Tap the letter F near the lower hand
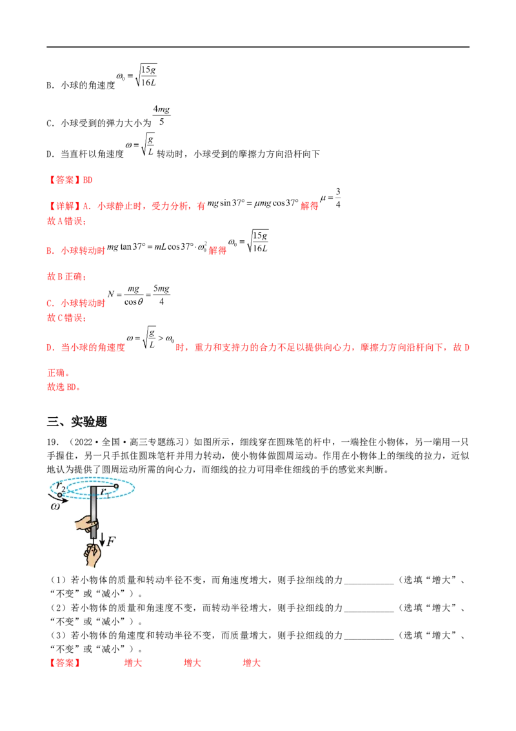110,541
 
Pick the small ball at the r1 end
115,486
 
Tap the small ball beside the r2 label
60,494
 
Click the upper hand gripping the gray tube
84,524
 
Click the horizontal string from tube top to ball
105,486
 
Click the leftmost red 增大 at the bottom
134,663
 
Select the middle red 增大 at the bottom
192,663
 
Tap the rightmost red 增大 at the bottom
252,663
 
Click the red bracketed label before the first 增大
64,663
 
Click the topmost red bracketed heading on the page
71,180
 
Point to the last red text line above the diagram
63,388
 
